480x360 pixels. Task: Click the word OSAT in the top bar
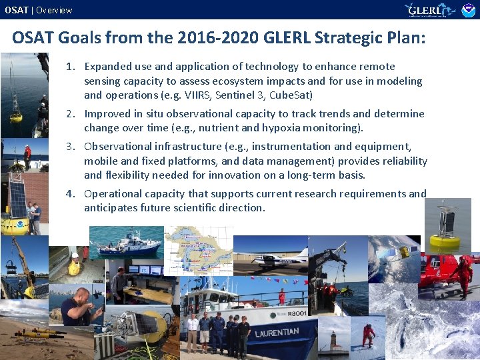[17, 10]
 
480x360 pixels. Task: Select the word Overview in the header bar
[54, 10]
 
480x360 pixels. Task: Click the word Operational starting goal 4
[111, 194]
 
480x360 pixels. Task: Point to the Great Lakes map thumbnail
[199, 250]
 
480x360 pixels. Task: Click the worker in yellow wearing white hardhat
[75, 264]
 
